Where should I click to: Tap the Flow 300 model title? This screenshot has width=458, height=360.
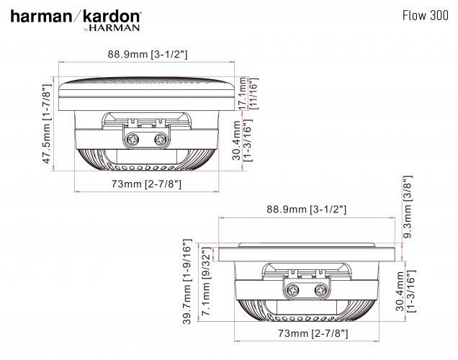coord(426,15)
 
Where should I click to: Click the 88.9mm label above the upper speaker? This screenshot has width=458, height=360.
coord(148,54)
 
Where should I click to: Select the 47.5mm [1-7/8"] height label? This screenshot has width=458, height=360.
coord(47,124)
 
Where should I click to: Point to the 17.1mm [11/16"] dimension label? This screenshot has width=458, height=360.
coord(248,94)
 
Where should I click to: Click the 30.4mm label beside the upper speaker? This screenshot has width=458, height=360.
coord(242,140)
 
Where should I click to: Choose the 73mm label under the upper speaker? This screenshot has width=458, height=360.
coord(146,184)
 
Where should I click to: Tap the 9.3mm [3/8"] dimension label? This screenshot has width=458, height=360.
coord(407,207)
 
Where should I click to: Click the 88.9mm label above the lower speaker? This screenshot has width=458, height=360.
coord(306,210)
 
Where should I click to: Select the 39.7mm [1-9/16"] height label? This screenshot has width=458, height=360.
coord(187,282)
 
